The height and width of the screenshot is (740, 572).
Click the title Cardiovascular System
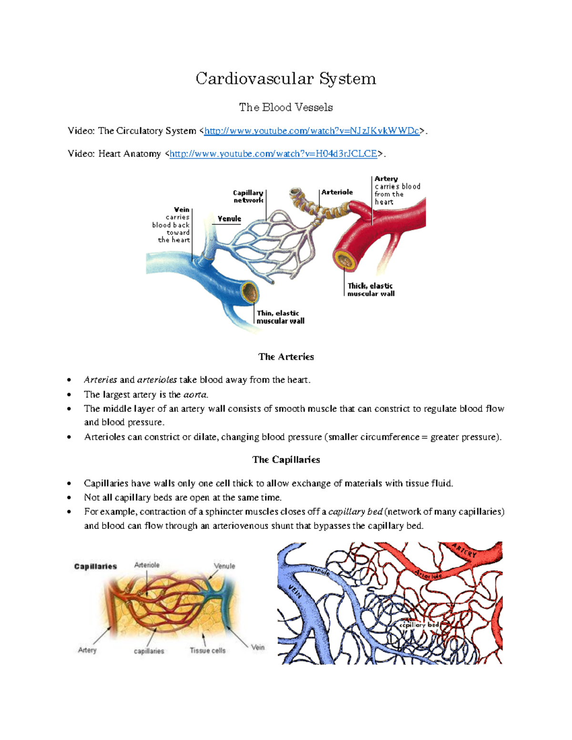[286, 79]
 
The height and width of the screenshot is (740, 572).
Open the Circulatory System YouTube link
[311, 131]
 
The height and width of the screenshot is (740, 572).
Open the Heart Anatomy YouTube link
[273, 154]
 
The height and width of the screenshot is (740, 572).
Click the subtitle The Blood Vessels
[286, 108]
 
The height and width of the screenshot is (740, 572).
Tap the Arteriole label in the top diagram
[337, 192]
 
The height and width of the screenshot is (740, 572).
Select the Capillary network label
[248, 196]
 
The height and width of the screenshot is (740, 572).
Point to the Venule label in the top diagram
[229, 219]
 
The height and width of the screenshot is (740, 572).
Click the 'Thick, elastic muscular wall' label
[370, 290]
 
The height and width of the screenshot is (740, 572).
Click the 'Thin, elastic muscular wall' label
[280, 317]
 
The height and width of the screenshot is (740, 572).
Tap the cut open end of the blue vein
[249, 292]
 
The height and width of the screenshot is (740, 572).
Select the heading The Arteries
[286, 357]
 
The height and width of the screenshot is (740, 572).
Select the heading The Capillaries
[286, 460]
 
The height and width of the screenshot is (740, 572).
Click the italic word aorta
[195, 395]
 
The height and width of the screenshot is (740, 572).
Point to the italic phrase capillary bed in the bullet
[356, 512]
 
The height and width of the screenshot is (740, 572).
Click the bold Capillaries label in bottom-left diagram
[95, 567]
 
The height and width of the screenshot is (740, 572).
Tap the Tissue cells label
[207, 650]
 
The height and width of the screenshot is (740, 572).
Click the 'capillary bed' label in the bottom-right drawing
[419, 625]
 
